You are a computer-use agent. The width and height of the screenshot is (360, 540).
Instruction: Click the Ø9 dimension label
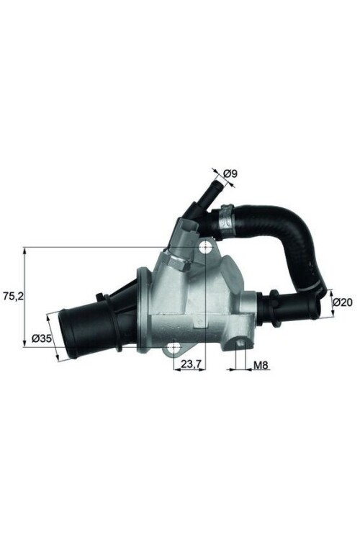click(x=230, y=173)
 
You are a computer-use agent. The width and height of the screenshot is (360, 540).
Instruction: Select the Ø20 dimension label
click(x=343, y=302)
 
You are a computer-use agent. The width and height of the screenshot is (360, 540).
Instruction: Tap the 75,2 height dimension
click(x=12, y=295)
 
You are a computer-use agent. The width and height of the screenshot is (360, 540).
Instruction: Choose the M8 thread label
click(x=261, y=366)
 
